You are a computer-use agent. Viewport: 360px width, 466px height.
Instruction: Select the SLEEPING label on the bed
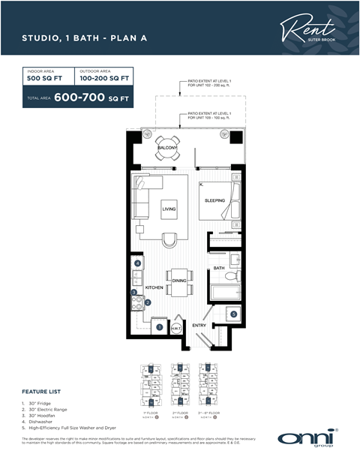215,200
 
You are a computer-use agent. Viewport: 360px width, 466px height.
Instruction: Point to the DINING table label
179,281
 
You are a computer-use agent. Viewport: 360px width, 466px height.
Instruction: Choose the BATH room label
219,268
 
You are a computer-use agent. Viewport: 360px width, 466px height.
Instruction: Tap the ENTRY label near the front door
199,325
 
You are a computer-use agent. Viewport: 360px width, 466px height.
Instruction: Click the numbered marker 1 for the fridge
158,326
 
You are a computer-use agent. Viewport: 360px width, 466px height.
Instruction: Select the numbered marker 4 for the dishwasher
138,263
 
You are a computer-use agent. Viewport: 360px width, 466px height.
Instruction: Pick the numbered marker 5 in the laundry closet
233,314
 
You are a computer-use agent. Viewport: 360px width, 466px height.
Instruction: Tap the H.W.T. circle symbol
177,326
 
